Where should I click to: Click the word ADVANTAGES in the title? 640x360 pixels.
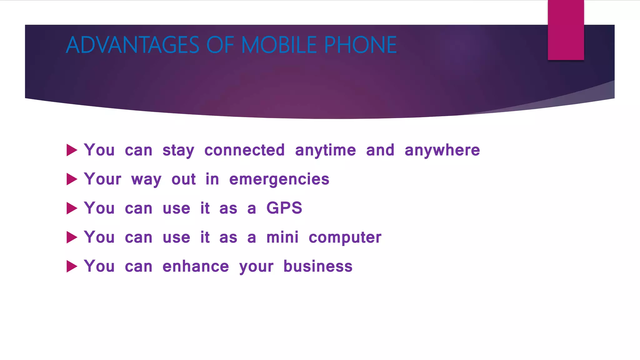(x=132, y=45)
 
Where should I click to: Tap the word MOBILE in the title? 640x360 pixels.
(x=279, y=45)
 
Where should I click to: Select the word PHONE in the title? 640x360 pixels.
(x=360, y=45)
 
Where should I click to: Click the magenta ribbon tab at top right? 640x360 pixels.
(x=566, y=30)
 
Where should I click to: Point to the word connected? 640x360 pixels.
(x=244, y=150)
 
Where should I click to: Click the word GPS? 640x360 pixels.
(x=284, y=208)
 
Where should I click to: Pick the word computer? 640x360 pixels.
(x=345, y=238)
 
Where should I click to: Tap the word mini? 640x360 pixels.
(x=282, y=237)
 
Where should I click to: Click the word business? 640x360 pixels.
(x=318, y=267)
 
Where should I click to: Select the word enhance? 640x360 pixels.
(x=196, y=267)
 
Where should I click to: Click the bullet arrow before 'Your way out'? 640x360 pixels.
(x=72, y=179)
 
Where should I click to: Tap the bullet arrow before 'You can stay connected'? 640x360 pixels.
(x=72, y=150)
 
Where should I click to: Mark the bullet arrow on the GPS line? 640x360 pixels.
(x=72, y=208)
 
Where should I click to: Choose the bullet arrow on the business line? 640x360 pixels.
(x=72, y=267)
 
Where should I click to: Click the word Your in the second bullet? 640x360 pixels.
(x=102, y=179)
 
